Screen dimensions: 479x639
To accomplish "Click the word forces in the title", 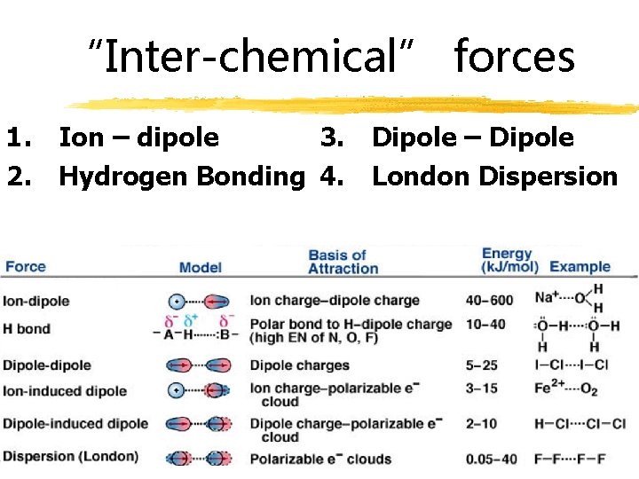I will click(514, 57).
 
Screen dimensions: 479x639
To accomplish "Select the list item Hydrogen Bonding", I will click(181, 177).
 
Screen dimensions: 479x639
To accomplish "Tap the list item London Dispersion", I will click(494, 177).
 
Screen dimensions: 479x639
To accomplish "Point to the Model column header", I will click(200, 267).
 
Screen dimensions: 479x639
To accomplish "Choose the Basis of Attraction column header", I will click(343, 262).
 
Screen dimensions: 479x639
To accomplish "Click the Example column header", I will click(580, 266).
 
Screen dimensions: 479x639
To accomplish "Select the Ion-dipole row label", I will click(36, 302).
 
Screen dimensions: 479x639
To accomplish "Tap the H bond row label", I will click(27, 329).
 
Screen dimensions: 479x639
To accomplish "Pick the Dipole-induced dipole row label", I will click(75, 424).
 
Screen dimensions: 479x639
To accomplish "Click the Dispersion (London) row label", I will click(71, 457).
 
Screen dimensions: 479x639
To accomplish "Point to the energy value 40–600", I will click(490, 301).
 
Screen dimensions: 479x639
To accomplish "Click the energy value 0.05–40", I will click(496, 459).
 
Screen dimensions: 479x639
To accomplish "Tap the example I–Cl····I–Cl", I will click(572, 365).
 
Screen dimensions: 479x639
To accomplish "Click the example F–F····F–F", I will click(571, 459).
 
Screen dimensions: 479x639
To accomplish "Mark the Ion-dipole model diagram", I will click(199, 302).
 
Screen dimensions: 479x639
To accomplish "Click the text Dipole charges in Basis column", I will click(299, 365).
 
